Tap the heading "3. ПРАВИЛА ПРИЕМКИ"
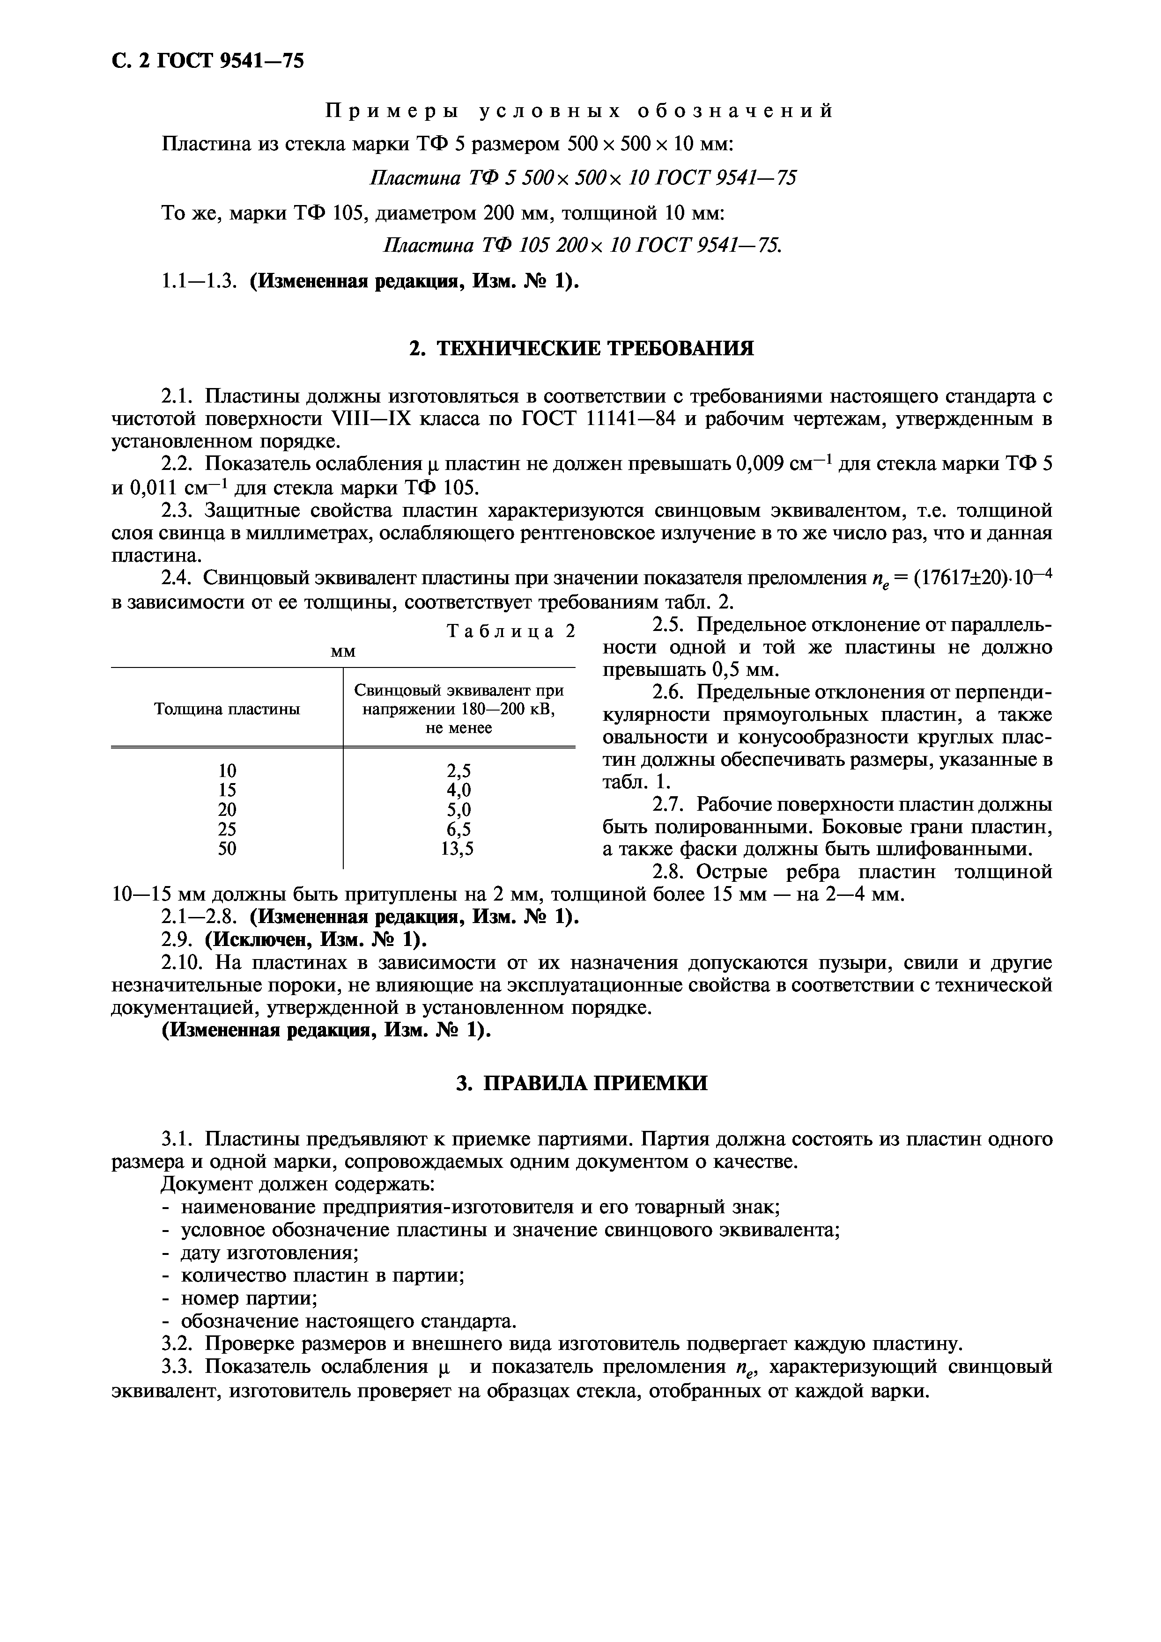[581, 1084]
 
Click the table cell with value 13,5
[458, 848]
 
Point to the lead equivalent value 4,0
[458, 790]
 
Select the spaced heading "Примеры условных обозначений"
[580, 111]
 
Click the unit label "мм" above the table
[343, 652]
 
